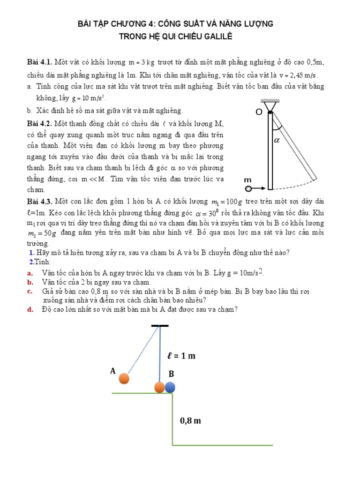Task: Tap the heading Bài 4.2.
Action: [40, 124]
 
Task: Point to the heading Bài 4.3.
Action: [40, 202]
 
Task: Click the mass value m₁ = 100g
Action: [227, 202]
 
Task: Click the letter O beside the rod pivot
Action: [258, 112]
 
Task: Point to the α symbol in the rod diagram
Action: [277, 140]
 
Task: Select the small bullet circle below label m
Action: [248, 189]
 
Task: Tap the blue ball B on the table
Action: [170, 387]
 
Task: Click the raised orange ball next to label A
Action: [124, 378]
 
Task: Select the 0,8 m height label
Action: [190, 420]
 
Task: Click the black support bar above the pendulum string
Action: [160, 325]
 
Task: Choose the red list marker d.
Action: [30, 309]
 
